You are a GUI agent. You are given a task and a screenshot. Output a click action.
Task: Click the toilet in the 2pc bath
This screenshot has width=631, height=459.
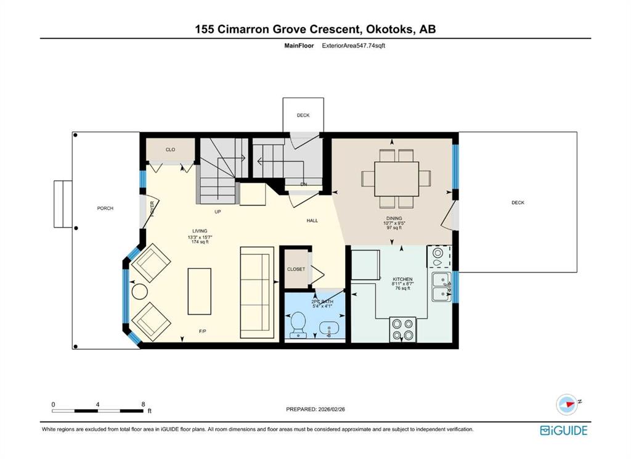coord(298,323)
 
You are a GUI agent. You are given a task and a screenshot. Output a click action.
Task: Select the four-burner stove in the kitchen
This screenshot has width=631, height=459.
coord(402,329)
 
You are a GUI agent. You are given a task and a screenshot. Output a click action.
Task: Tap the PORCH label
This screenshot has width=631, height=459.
coord(105,209)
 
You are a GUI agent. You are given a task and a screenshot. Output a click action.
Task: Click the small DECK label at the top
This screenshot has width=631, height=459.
coord(303,115)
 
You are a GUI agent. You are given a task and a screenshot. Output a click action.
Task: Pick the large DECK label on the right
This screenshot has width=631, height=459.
coord(518,202)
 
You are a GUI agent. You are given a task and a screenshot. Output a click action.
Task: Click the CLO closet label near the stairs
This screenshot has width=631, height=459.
coord(171,150)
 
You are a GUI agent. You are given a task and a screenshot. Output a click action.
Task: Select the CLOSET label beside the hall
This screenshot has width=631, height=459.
coord(296,270)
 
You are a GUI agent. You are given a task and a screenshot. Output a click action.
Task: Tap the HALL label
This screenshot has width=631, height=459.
coord(312,220)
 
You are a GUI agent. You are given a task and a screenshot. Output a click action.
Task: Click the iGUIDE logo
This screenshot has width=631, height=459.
coord(563,431)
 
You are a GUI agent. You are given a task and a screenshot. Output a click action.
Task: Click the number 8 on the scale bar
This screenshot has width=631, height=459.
coord(143,405)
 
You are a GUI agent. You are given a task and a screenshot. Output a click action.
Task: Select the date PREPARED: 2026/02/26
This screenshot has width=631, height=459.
coord(320,409)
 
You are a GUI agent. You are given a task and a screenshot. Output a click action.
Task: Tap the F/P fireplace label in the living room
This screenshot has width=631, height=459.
coord(202,331)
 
